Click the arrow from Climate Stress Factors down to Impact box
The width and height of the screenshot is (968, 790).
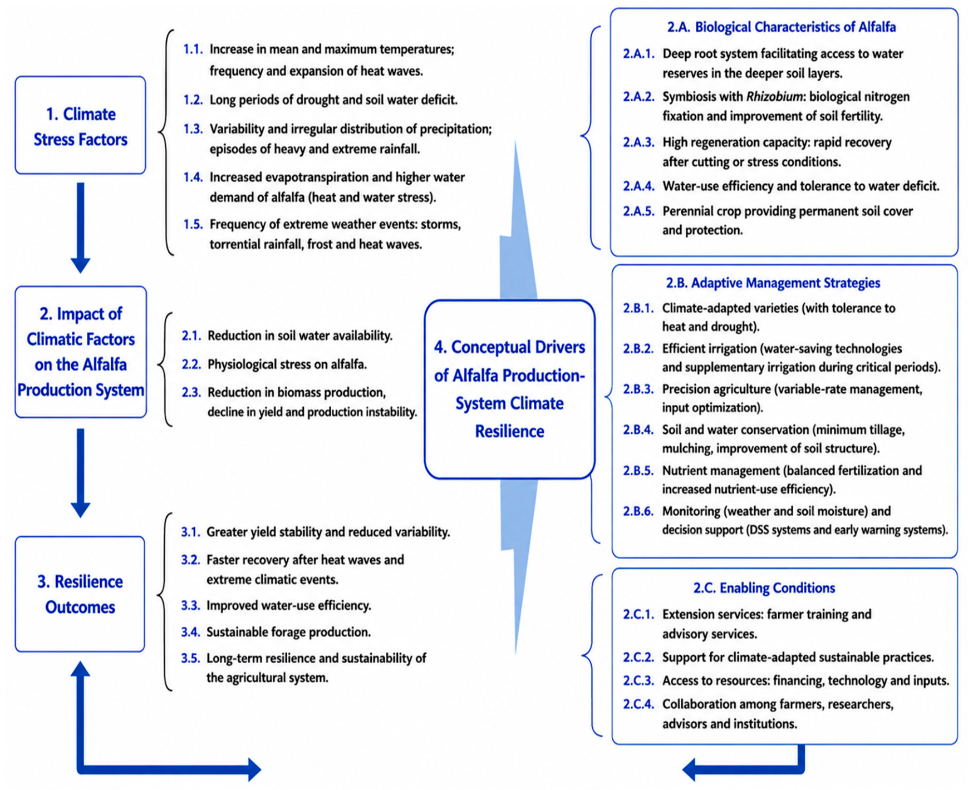coord(81,228)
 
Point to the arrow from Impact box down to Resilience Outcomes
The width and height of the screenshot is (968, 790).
coord(81,473)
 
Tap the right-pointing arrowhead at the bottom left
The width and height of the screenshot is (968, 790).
coord(254,769)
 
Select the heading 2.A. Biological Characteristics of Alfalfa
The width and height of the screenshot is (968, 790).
coord(782,27)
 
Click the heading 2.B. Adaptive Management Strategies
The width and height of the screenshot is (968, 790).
coord(773,283)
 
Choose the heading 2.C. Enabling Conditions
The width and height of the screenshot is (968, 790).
coord(764,588)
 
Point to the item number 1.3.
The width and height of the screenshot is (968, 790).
coord(193,129)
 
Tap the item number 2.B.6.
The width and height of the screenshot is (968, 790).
coord(638,511)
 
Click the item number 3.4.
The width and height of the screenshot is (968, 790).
coord(190,632)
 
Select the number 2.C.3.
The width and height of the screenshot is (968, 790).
coord(638,681)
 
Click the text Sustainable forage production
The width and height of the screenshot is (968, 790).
coord(288,633)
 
